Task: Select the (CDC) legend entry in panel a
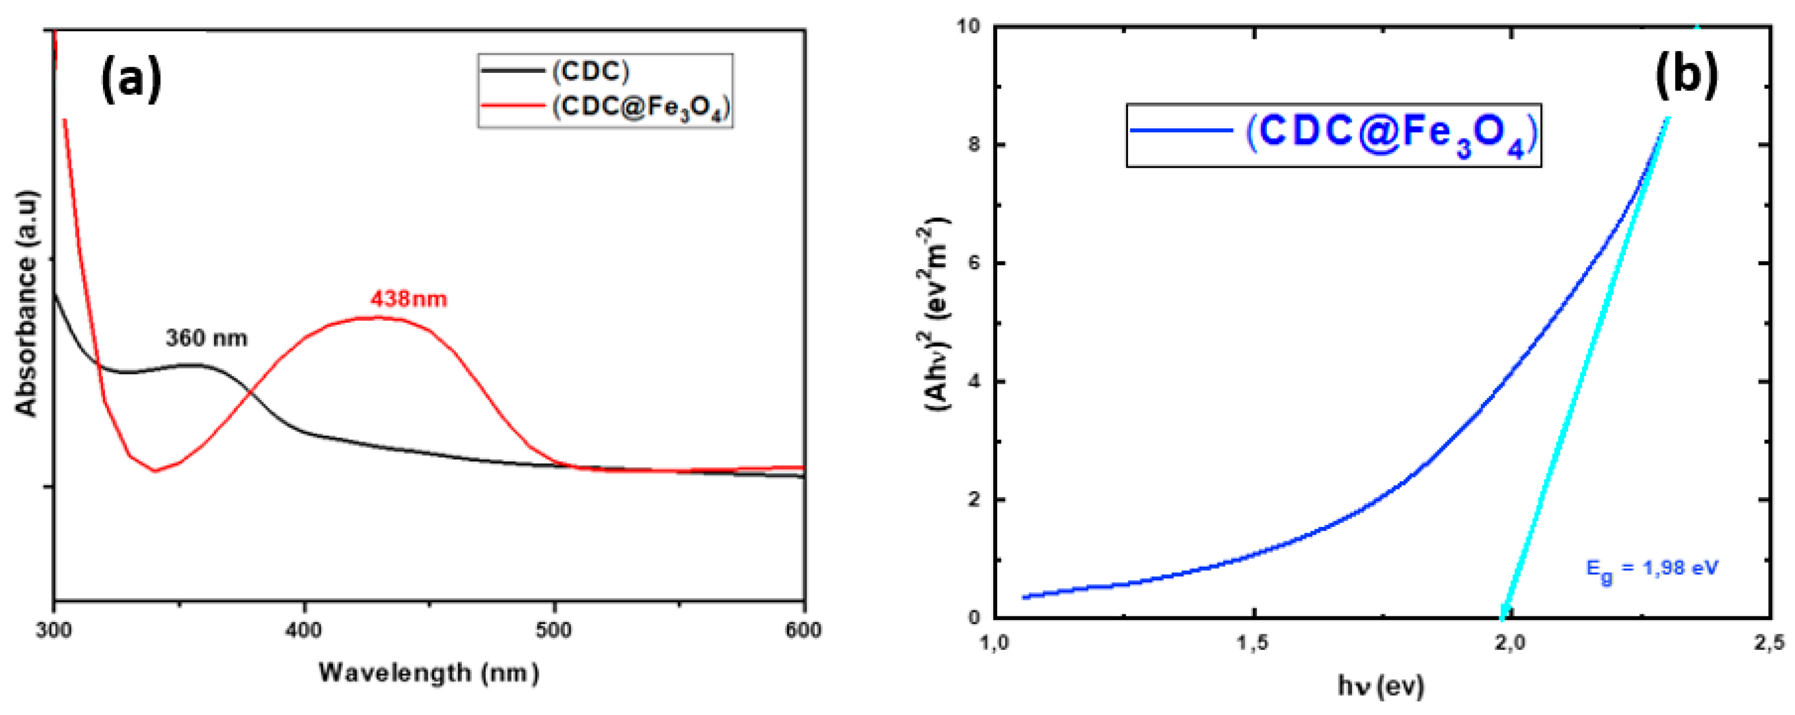(591, 71)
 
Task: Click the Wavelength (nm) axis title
(428, 673)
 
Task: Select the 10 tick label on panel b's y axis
(968, 26)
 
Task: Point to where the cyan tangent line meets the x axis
(1502, 617)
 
